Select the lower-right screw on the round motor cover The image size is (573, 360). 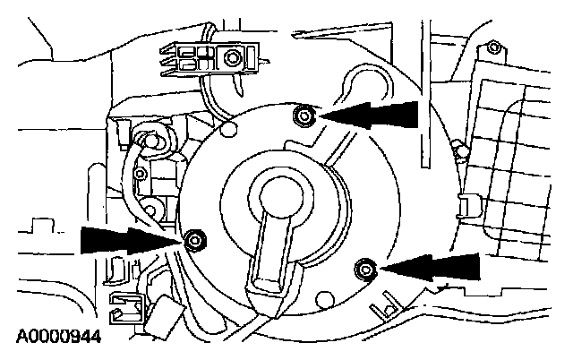364,267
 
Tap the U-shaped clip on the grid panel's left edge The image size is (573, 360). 465,209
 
